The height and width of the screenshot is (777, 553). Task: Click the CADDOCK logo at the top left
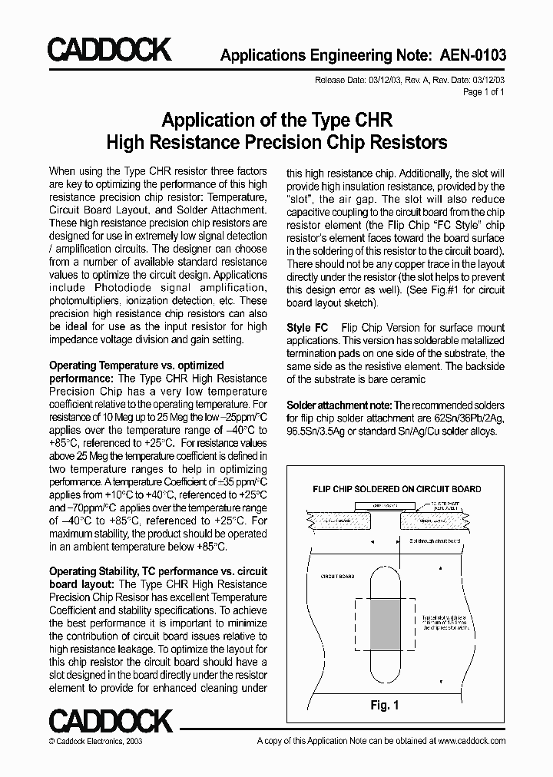[x=109, y=51]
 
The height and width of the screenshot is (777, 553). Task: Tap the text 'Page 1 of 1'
[x=484, y=92]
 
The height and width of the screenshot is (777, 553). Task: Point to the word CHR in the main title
[x=373, y=121]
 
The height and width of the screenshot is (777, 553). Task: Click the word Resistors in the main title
[x=407, y=142]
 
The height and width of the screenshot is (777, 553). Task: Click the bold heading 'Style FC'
[x=307, y=327]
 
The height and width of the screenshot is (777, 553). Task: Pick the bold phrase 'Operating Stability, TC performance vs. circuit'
[x=158, y=571]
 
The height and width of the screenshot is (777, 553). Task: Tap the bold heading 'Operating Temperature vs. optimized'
[x=137, y=365]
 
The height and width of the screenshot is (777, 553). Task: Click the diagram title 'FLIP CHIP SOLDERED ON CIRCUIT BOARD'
[x=396, y=488]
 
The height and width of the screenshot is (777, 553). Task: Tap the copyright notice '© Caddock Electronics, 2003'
[x=95, y=741]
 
